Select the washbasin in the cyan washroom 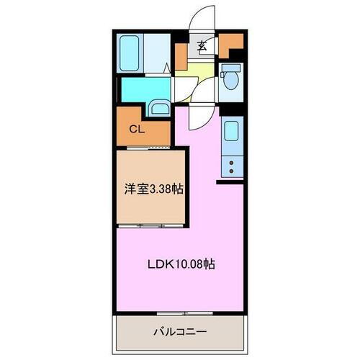pyautogui.click(x=158, y=109)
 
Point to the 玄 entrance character pyautogui.click(x=202, y=47)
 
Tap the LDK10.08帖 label pyautogui.click(x=180, y=264)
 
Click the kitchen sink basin pyautogui.click(x=233, y=132)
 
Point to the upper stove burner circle pyautogui.click(x=233, y=163)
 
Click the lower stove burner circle pyautogui.click(x=233, y=173)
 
